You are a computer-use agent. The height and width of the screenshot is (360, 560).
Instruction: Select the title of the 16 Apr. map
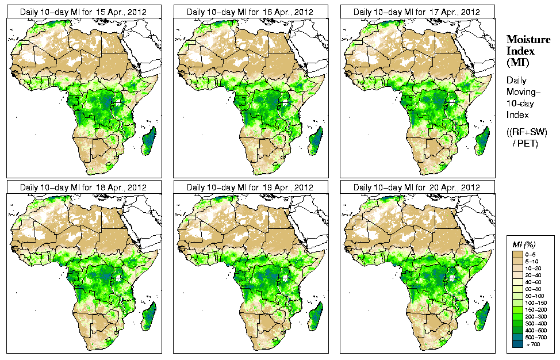pos(250,12)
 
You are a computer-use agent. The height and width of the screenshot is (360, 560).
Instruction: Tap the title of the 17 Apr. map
pos(417,12)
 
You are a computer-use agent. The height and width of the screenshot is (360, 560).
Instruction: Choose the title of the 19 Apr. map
pos(250,187)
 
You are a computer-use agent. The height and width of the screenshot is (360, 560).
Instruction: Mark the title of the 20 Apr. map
pos(417,187)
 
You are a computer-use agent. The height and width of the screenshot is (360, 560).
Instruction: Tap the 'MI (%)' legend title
pos(523,246)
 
